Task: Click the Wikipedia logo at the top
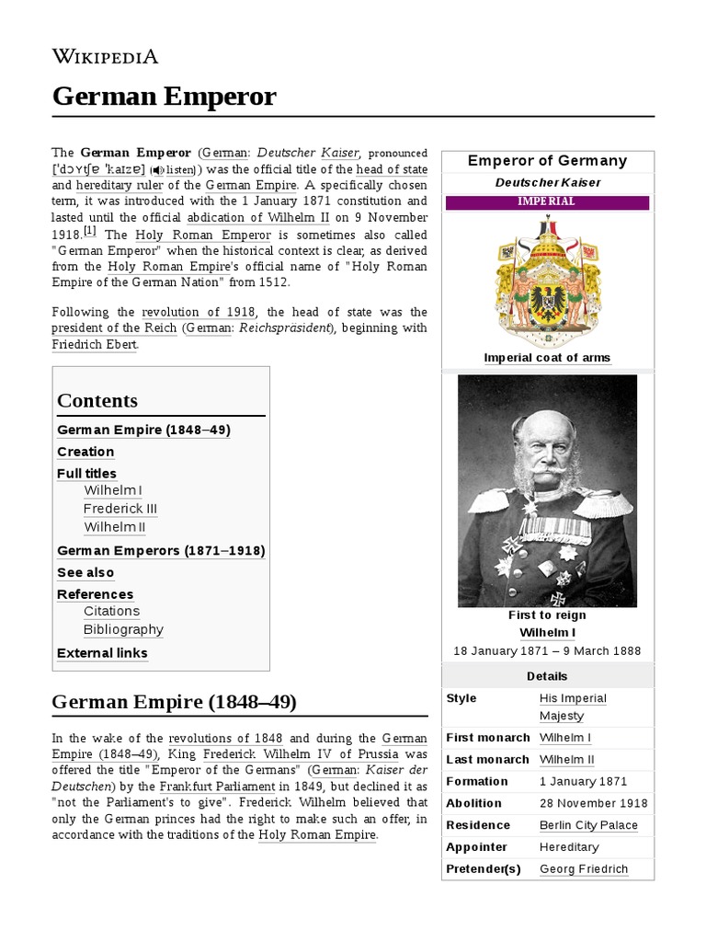pyautogui.click(x=105, y=57)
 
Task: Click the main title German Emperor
pyautogui.click(x=164, y=96)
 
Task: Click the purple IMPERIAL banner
pyautogui.click(x=547, y=202)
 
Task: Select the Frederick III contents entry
pyautogui.click(x=120, y=509)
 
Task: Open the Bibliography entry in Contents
pyautogui.click(x=123, y=630)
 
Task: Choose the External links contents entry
pyautogui.click(x=102, y=653)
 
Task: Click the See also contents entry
pyautogui.click(x=85, y=572)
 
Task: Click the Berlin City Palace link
pyautogui.click(x=588, y=825)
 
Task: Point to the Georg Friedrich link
pyautogui.click(x=584, y=869)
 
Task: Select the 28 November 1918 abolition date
pyautogui.click(x=593, y=803)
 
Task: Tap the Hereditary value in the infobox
pyautogui.click(x=569, y=847)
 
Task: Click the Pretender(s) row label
pyautogui.click(x=483, y=869)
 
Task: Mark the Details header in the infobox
pyautogui.click(x=547, y=676)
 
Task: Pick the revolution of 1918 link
pyautogui.click(x=198, y=312)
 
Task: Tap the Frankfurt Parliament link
pyautogui.click(x=217, y=787)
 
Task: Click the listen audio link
pyautogui.click(x=175, y=170)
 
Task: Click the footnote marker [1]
pyautogui.click(x=89, y=231)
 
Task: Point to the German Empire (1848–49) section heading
pyautogui.click(x=174, y=703)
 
